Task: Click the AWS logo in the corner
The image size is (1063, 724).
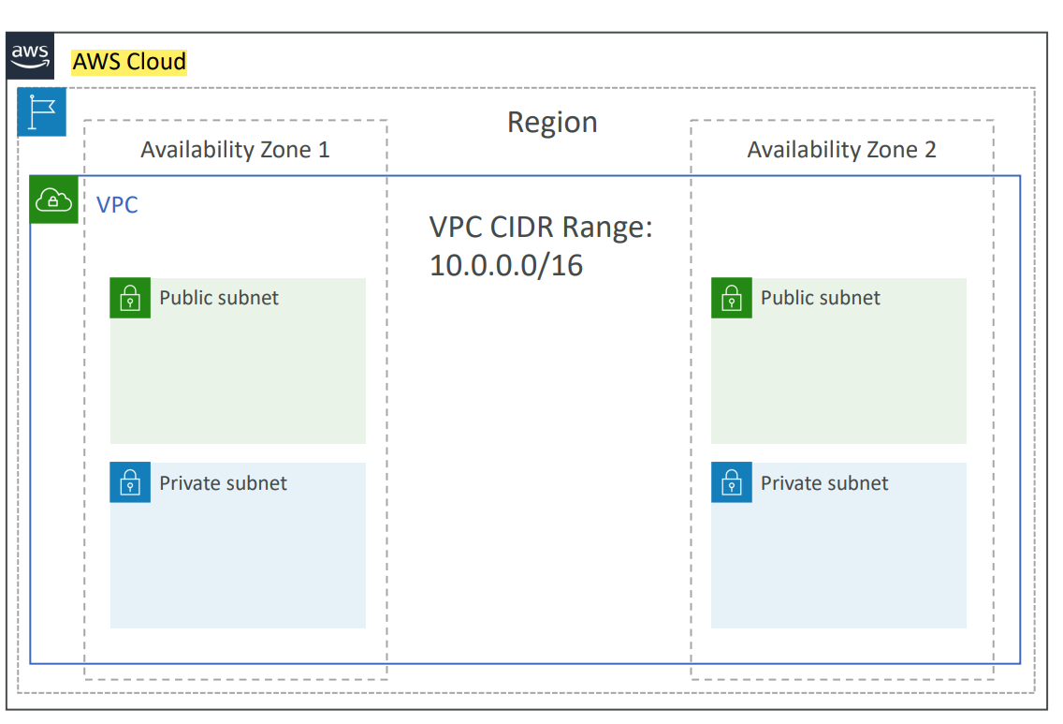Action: [30, 56]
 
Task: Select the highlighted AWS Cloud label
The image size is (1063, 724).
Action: [129, 63]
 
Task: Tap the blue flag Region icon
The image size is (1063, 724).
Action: [42, 112]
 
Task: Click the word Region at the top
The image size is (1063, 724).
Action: [552, 123]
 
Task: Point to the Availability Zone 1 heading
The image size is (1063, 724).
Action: [235, 150]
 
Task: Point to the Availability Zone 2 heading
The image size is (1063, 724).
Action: [841, 150]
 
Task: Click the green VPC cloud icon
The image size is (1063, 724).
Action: [53, 199]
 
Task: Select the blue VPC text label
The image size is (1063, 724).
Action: [118, 205]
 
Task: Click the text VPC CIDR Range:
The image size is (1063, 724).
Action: [541, 228]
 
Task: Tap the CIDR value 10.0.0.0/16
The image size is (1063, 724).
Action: [506, 266]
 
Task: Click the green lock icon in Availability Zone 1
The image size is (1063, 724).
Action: [130, 298]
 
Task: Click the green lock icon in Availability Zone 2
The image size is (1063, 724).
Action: [731, 298]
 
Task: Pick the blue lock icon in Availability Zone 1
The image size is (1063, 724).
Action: [130, 482]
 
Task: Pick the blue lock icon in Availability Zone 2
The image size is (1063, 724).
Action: [731, 482]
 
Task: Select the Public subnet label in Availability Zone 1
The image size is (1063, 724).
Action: [219, 298]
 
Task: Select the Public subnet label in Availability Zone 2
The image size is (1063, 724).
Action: [820, 298]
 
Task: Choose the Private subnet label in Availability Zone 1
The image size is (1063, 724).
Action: [223, 483]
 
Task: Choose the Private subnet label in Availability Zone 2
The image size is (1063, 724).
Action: [823, 483]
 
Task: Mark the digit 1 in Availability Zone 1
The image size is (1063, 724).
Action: [324, 150]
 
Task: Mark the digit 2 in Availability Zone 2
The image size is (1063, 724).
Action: [929, 150]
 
